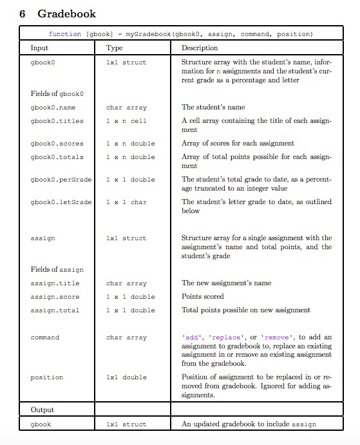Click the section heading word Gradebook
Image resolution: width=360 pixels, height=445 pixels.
tap(67, 13)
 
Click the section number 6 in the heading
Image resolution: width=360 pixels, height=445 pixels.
tap(23, 13)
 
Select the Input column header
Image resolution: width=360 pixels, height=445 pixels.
tap(40, 48)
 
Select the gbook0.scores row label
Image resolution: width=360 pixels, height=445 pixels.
tap(55, 144)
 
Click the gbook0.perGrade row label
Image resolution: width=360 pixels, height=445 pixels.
tap(60, 180)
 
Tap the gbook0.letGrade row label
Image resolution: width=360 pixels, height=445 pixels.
tap(60, 202)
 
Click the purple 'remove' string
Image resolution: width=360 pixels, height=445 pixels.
tap(275, 337)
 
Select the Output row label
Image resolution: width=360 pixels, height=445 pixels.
tap(43, 410)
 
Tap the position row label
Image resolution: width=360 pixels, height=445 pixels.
tap(46, 377)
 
